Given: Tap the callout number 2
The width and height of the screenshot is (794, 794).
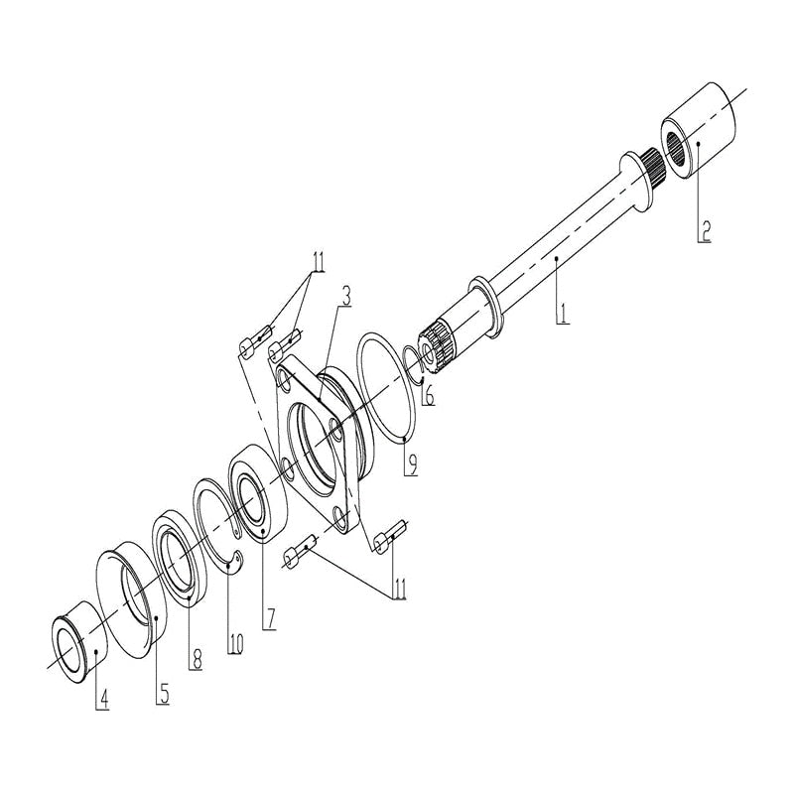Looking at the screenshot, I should [x=705, y=231].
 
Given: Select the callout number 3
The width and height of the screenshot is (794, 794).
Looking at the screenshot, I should [x=346, y=295].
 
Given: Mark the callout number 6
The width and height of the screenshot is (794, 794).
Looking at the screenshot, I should [x=429, y=394].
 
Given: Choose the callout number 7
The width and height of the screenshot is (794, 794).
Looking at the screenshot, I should [x=269, y=617].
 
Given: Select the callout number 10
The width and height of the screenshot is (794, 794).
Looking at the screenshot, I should [x=235, y=642].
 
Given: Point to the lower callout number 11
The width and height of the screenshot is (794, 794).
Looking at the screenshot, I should [x=399, y=588].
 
